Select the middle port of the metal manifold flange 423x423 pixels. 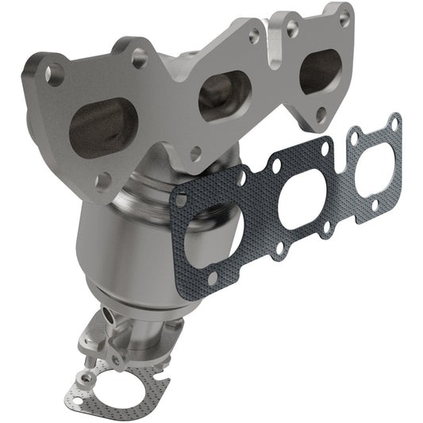(225, 97)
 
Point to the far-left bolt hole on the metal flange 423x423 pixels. (55, 74)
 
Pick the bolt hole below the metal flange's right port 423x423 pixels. (321, 114)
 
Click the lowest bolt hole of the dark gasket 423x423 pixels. (213, 277)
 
